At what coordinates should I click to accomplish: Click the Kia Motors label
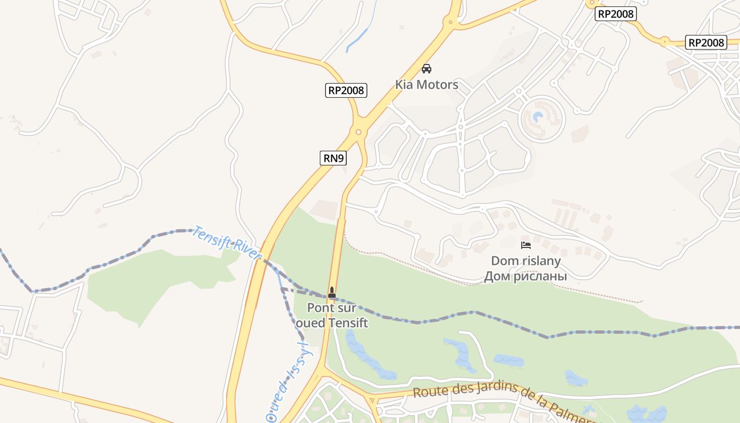coord(427,85)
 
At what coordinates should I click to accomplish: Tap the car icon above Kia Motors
coord(427,69)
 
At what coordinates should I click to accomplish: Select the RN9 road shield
coord(333,158)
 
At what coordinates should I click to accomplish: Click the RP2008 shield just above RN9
coord(346,90)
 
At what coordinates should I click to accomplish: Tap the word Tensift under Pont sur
coord(348,322)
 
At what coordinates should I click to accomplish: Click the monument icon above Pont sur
coord(332,292)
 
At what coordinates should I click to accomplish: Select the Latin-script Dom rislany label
coord(526,261)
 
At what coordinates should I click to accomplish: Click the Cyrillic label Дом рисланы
coord(526,276)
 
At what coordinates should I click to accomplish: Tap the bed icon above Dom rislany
coord(525,245)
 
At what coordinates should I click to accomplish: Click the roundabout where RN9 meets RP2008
coord(358,132)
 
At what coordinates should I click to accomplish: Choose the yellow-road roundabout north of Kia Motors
coord(450,22)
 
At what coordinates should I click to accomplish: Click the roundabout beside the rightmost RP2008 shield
coord(665,41)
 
